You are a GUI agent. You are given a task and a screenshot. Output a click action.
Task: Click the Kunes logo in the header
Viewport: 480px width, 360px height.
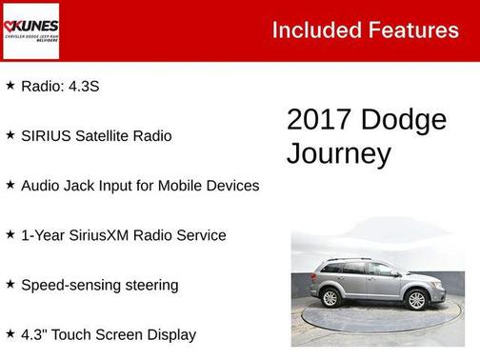(x=30, y=30)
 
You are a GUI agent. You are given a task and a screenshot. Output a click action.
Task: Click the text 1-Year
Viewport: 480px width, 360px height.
(x=44, y=235)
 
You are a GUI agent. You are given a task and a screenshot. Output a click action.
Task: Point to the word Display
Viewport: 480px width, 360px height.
(x=170, y=334)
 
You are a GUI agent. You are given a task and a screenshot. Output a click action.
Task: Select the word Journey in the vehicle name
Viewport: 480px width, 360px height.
(x=326, y=153)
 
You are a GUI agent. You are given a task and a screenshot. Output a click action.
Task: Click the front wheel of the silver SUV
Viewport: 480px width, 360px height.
(x=416, y=300)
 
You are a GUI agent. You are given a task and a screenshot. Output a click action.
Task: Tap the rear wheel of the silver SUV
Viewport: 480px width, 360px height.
(x=331, y=297)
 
